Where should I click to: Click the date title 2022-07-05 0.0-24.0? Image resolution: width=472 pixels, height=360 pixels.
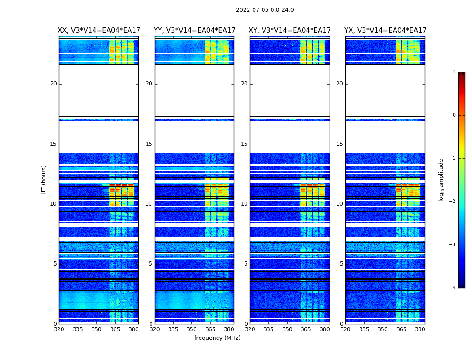(265, 10)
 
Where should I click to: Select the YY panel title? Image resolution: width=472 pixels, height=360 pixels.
(194, 31)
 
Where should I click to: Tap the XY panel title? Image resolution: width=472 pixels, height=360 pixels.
(290, 31)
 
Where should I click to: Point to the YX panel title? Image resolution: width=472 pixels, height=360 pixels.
(385, 31)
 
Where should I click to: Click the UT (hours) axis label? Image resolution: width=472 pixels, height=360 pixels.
(44, 180)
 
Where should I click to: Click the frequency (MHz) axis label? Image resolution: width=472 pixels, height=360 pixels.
(217, 338)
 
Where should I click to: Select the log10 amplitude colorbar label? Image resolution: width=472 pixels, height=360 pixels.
(441, 180)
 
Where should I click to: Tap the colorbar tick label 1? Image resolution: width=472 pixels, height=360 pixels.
(454, 72)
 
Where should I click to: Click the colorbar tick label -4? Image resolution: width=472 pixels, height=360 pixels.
(453, 288)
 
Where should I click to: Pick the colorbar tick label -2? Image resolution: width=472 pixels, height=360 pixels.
(453, 202)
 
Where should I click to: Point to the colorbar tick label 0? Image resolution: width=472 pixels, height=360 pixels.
(454, 115)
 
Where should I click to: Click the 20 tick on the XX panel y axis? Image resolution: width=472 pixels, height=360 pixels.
(53, 84)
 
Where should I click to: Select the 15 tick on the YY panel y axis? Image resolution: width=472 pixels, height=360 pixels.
(149, 144)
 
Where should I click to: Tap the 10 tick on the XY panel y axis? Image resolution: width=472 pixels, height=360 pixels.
(244, 204)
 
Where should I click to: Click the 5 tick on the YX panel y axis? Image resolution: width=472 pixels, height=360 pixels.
(341, 264)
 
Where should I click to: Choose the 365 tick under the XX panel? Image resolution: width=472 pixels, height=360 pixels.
(115, 329)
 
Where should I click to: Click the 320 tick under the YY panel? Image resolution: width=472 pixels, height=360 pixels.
(155, 329)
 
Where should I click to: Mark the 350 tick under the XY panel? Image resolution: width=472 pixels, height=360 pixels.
(287, 329)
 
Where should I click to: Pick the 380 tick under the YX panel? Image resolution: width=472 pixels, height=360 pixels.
(420, 329)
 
